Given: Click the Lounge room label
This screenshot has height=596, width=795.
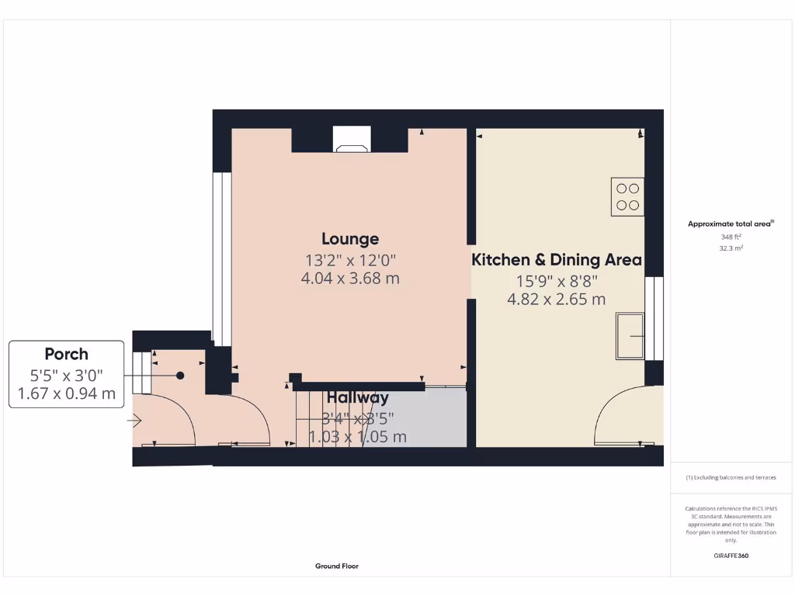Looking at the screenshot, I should [350, 239].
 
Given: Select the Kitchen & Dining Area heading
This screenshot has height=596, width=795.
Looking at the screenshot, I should [557, 260].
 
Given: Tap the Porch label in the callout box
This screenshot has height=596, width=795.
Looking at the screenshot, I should [66, 355].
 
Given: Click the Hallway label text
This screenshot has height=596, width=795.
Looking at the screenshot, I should [357, 398].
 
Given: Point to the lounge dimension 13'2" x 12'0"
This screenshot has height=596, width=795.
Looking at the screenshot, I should [350, 259].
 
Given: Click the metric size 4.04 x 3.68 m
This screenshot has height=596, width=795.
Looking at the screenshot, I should [350, 278].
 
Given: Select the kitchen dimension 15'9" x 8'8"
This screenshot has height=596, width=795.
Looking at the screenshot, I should [557, 281].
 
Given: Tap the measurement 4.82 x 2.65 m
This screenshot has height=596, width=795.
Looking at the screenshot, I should [557, 300].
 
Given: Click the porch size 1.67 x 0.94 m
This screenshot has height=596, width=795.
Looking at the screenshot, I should [66, 394].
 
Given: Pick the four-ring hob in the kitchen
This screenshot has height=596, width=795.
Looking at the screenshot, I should [627, 196].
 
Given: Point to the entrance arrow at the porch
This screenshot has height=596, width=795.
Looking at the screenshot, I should [135, 421].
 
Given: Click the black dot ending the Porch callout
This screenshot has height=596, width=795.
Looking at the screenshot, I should [180, 376].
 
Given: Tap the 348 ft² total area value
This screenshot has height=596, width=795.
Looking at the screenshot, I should [731, 237].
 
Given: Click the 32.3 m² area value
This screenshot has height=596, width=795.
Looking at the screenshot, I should [731, 248].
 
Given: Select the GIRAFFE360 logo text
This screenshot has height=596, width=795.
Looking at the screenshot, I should [731, 556].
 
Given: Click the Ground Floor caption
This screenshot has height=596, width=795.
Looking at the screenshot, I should [337, 567].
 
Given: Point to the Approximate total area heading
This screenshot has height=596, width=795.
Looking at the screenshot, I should [730, 223].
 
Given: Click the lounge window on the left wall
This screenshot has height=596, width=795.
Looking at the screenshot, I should [222, 258].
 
